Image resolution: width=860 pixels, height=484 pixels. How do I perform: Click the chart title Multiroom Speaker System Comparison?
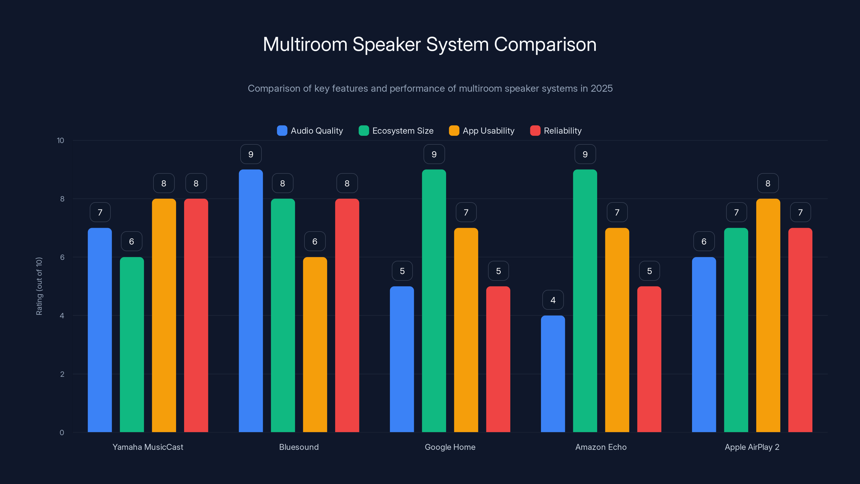click(x=430, y=44)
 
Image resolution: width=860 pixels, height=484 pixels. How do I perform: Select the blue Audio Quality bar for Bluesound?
click(x=251, y=301)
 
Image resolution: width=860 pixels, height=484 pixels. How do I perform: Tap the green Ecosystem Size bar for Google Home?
click(x=434, y=301)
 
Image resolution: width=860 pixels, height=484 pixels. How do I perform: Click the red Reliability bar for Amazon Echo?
click(x=649, y=359)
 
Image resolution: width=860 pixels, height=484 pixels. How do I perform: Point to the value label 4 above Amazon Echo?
click(x=553, y=300)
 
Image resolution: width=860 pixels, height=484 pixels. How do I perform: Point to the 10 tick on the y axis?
click(x=60, y=140)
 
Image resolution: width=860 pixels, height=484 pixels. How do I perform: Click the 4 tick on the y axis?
click(x=62, y=316)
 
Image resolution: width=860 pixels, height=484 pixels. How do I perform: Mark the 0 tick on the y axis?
click(x=62, y=433)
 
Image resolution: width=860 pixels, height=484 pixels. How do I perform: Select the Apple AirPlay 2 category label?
click(x=752, y=447)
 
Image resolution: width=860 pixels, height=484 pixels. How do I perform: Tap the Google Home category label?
click(x=450, y=447)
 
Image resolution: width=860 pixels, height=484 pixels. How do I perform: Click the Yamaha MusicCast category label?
click(x=148, y=447)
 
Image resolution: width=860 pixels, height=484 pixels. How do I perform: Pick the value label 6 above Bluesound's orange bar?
click(x=314, y=241)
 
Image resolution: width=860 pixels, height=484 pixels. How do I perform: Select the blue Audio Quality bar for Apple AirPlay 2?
click(x=704, y=344)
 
